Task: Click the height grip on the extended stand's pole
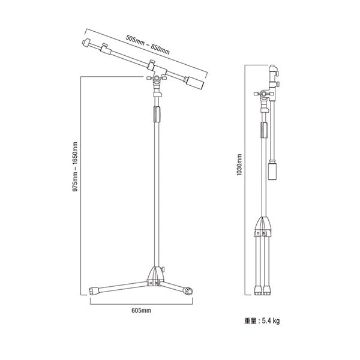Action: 158,114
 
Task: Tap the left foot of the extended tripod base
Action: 95,291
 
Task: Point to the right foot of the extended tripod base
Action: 188,292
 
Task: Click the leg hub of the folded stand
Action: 264,227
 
